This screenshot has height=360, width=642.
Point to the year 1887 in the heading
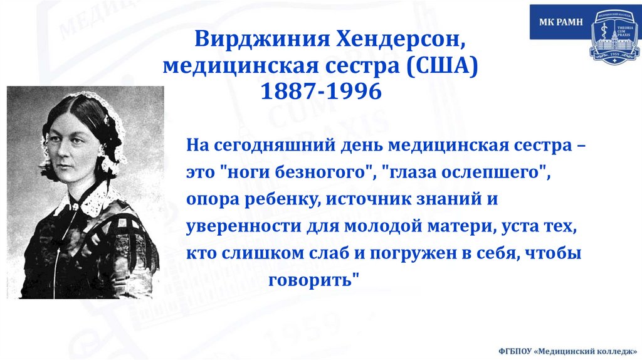286,92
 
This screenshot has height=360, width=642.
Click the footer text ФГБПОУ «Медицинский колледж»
567,350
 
